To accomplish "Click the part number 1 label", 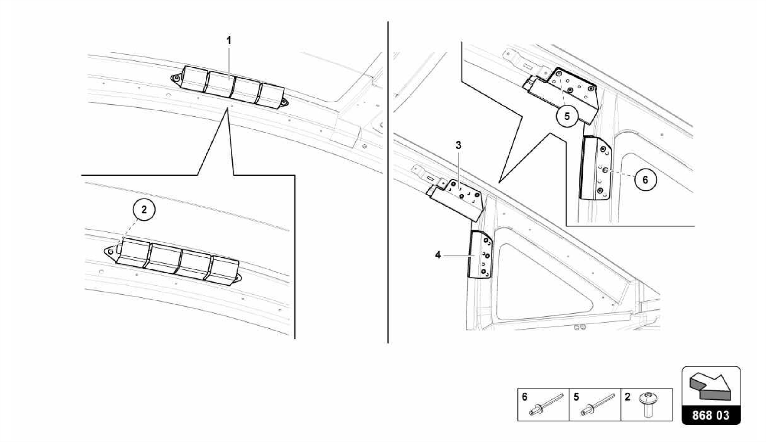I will (229, 40).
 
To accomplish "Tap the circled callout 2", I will (144, 210).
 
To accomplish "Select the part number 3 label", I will (458, 145).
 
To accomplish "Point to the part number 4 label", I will (438, 255).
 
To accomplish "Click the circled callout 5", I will (567, 116).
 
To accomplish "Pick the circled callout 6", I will (645, 180).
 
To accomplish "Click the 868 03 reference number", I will (711, 415).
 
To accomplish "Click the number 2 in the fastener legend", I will (627, 397).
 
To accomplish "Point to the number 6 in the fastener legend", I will (524, 397).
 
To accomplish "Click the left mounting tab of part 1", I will (175, 78).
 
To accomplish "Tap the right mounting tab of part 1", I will (285, 102).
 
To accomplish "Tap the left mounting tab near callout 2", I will (110, 251).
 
